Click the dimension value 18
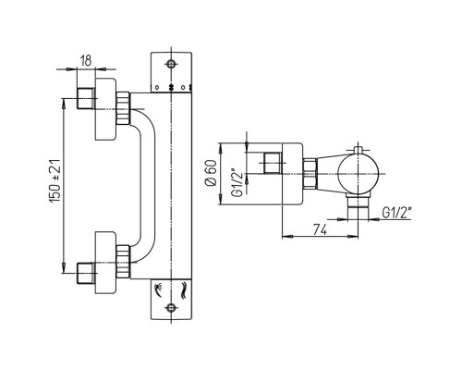(86, 61)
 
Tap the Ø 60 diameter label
(212, 173)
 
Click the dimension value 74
(320, 229)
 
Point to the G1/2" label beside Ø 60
(238, 182)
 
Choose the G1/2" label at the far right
(397, 213)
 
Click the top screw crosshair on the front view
(171, 64)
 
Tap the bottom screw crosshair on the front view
(171, 307)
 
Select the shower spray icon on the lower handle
(160, 290)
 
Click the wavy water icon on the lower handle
(184, 290)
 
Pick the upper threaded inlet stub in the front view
(86, 98)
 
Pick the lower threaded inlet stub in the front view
(86, 273)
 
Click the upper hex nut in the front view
(123, 108)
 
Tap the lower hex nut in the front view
(123, 262)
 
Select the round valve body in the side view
(358, 174)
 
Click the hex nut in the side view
(310, 174)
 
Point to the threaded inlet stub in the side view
(273, 163)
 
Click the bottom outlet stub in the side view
(358, 209)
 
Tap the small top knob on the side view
(358, 150)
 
